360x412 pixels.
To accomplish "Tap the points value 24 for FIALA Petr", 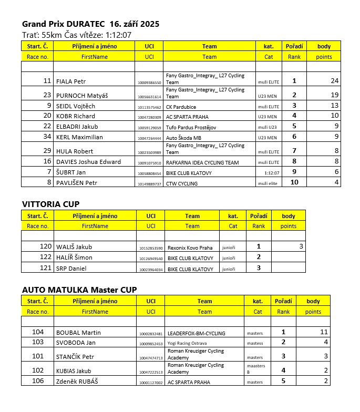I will tap(334, 81).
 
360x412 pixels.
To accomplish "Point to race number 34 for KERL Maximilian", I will tap(47, 137).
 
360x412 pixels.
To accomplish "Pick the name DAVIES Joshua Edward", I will tap(88, 162).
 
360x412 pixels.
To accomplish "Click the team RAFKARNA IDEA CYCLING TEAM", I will tap(202, 162).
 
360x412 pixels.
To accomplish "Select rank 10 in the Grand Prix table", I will tap(294, 182).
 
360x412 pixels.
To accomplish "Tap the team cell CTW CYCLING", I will tap(182, 183).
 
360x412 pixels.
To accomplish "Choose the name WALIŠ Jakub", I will tap(74, 247).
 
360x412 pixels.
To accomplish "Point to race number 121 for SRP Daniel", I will tap(46, 269).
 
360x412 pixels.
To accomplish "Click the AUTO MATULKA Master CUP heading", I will tap(79, 290).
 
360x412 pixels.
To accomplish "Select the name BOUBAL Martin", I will tap(78, 333).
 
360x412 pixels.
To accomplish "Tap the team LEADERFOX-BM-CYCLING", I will tap(196, 333).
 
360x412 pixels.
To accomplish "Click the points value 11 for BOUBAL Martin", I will tap(324, 332).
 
